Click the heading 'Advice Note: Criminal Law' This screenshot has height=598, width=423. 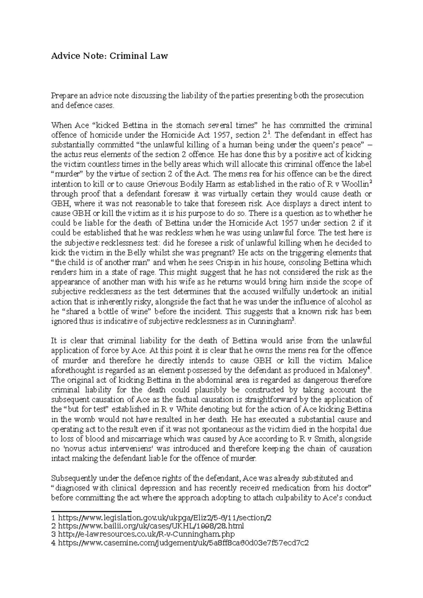110,56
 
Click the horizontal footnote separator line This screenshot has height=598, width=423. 91,511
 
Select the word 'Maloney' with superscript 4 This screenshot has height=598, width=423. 353,370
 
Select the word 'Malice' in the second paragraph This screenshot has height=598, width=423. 360,361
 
